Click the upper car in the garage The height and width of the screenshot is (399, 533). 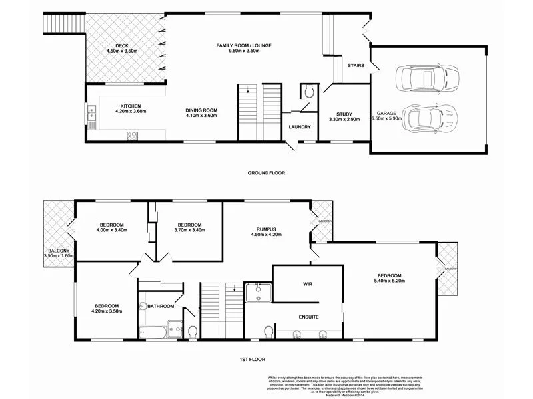419,79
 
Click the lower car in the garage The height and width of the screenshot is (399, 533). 430,120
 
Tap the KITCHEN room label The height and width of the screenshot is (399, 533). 130,106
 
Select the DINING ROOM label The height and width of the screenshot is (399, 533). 201,110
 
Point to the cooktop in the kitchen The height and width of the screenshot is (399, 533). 132,136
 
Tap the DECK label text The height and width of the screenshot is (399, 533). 121,45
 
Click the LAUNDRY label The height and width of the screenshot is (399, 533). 300,127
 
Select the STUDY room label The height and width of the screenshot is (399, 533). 344,114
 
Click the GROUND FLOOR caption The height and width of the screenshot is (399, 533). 266,173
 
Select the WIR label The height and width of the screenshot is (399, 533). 308,284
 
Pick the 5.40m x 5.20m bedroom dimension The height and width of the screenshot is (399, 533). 390,282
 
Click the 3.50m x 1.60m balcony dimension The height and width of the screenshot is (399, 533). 59,255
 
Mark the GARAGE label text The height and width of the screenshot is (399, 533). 386,114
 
